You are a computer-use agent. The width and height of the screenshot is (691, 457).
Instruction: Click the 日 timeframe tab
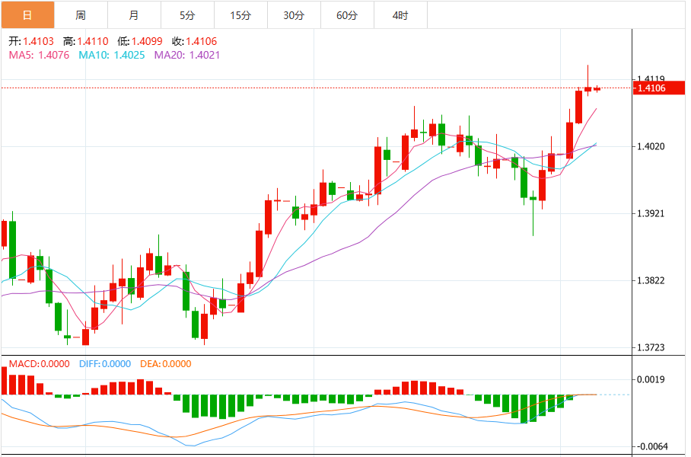[x=27, y=15]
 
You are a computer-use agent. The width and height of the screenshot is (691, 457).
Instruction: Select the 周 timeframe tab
[x=81, y=15]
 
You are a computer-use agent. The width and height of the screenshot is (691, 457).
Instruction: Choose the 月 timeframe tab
[x=134, y=15]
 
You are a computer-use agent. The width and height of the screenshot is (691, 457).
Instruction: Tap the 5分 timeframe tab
[x=187, y=15]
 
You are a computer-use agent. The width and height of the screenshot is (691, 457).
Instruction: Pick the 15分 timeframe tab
[x=240, y=15]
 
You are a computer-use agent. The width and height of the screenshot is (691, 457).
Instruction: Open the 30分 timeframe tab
[x=294, y=15]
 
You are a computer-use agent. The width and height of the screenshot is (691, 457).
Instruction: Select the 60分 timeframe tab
[x=347, y=15]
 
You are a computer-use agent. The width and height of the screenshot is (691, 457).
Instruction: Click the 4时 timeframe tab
[x=400, y=15]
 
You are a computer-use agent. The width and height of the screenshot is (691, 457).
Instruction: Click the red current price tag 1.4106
[x=651, y=88]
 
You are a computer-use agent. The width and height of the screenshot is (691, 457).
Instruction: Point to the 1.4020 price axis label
[x=651, y=146]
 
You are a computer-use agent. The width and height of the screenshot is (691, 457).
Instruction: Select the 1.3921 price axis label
[x=651, y=213]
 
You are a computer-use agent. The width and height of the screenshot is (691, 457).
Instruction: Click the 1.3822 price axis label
[x=651, y=280]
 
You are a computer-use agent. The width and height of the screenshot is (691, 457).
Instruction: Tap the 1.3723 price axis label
[x=651, y=347]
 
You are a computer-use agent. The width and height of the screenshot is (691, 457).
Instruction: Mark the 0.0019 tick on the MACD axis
[x=651, y=379]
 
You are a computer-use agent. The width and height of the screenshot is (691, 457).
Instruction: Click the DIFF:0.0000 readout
[x=105, y=364]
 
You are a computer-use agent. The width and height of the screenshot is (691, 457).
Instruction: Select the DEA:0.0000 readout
[x=166, y=364]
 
